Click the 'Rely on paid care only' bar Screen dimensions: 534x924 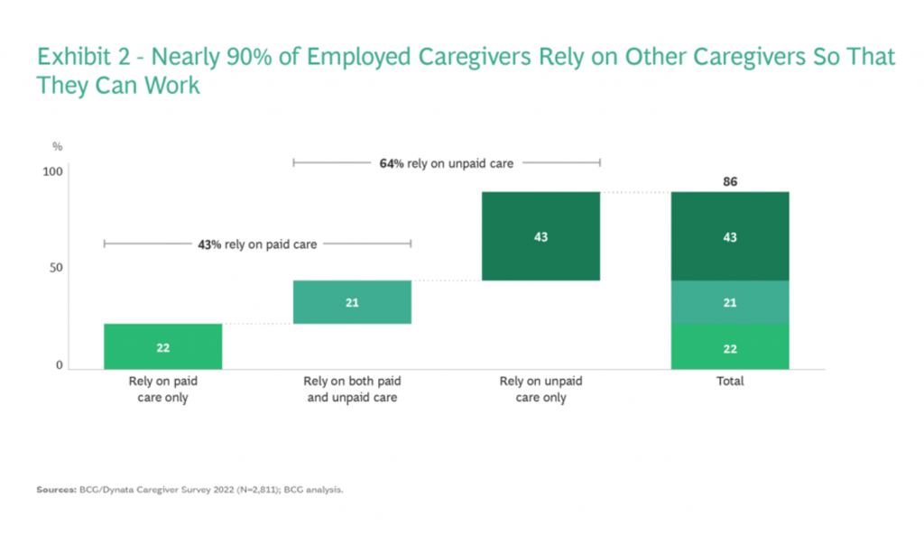(x=162, y=346)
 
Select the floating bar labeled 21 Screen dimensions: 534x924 (x=352, y=302)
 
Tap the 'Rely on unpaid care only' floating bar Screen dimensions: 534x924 (x=541, y=236)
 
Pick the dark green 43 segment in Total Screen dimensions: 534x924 (x=730, y=236)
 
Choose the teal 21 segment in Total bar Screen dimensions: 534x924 (x=730, y=302)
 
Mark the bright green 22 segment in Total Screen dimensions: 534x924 (x=730, y=346)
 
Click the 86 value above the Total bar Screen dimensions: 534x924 (x=730, y=182)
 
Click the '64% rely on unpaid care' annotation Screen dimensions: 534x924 (x=447, y=163)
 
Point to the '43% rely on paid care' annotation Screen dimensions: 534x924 (x=257, y=244)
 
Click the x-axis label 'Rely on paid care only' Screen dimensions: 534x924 (x=162, y=389)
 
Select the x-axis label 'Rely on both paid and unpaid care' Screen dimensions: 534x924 (x=352, y=389)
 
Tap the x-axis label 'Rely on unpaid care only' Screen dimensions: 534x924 (x=541, y=389)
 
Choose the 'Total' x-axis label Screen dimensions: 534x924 (x=730, y=382)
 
